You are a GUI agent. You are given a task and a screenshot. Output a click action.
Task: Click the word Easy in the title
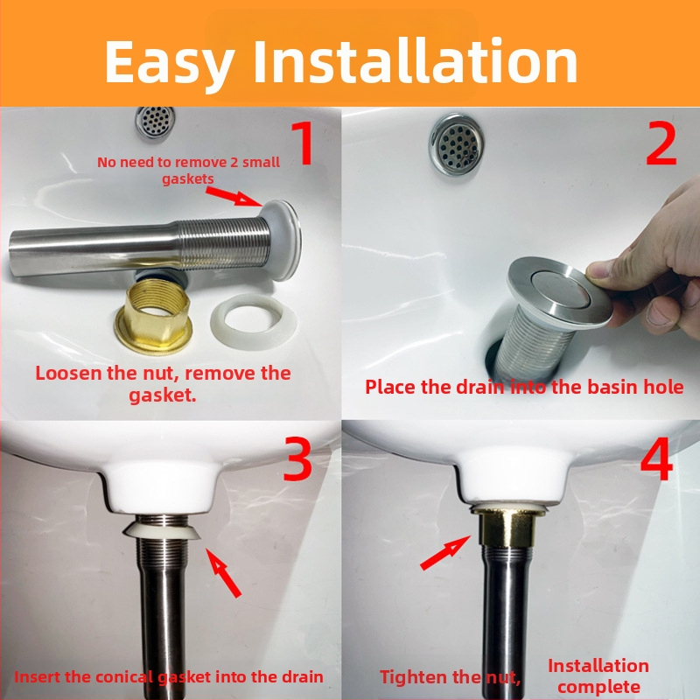click(x=170, y=62)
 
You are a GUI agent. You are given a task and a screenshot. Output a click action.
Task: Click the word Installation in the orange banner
click(x=416, y=60)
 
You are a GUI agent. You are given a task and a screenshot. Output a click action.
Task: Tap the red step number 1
click(x=303, y=143)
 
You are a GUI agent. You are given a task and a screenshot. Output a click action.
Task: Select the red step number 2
click(x=661, y=143)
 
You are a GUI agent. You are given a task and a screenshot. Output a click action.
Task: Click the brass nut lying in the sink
click(x=153, y=316)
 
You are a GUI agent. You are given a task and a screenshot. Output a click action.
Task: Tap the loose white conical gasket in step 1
click(x=254, y=320)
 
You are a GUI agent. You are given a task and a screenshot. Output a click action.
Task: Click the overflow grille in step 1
click(x=155, y=122)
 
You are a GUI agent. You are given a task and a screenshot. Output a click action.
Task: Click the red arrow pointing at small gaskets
click(x=234, y=196)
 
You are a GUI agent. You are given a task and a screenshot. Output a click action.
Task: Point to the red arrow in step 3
click(x=223, y=573)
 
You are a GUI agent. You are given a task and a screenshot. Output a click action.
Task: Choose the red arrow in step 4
click(x=445, y=553)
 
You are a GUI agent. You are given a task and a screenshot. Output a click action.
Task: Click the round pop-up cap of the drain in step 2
click(x=560, y=290)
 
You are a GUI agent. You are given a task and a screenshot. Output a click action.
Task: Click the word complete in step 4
click(x=598, y=687)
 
